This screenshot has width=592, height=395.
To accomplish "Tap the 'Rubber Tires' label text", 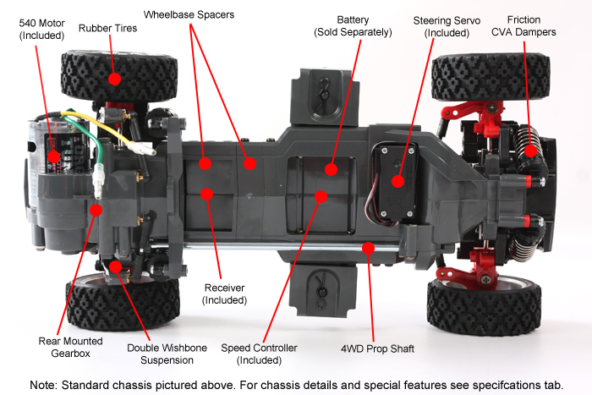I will click(x=107, y=28).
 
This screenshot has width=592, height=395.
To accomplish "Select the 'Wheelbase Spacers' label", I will click(x=189, y=14).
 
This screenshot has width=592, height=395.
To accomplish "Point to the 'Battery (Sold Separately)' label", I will click(x=353, y=26).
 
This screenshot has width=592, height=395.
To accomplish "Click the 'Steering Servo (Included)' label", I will click(x=447, y=26).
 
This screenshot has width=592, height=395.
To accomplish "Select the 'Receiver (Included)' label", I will click(x=224, y=294).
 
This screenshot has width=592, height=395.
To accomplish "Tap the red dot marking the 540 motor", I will click(x=54, y=156).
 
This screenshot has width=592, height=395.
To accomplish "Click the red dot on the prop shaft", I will click(x=367, y=247).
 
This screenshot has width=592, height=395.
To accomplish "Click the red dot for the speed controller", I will click(x=321, y=196).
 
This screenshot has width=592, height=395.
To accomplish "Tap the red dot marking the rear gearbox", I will click(x=96, y=209).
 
